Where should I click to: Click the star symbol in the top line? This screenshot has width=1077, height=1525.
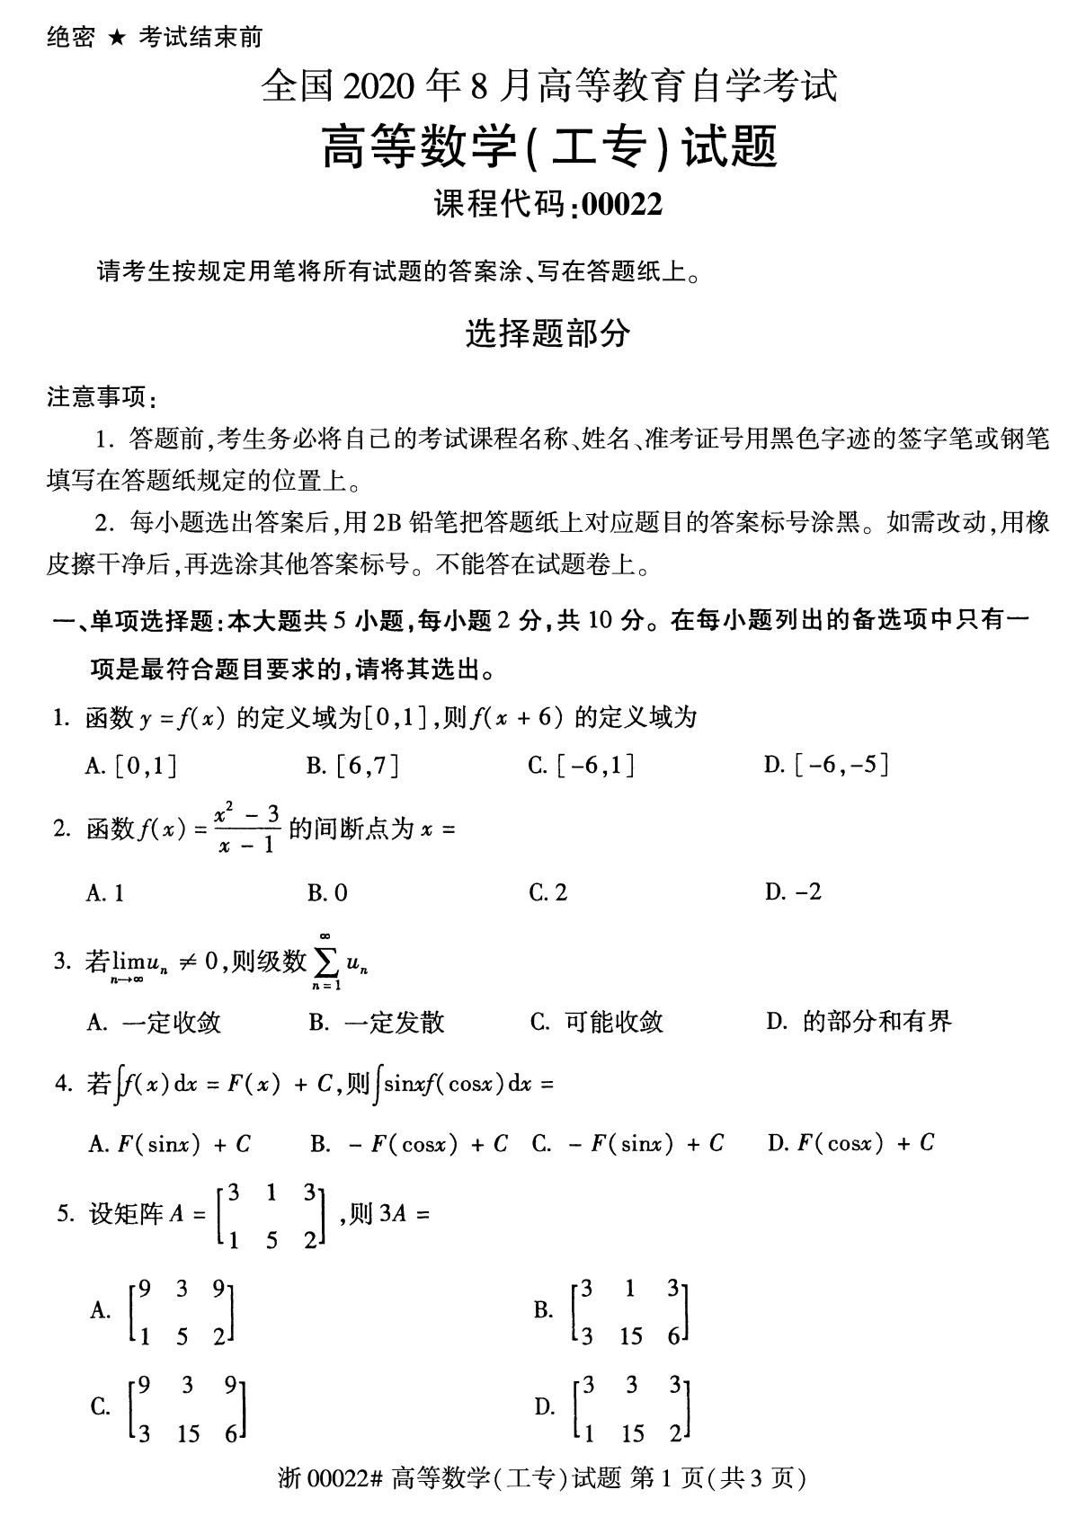[117, 38]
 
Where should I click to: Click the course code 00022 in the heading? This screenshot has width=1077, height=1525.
[622, 205]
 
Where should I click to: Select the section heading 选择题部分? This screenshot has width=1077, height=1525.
[547, 334]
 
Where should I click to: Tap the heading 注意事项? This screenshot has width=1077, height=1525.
[101, 396]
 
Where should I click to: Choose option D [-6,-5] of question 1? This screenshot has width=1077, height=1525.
[826, 765]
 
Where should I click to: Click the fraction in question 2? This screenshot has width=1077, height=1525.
[247, 829]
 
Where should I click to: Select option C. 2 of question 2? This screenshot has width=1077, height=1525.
[548, 892]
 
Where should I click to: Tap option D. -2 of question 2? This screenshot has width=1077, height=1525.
[793, 892]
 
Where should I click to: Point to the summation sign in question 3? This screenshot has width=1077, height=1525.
[325, 963]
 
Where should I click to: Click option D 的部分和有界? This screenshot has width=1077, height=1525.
[859, 1022]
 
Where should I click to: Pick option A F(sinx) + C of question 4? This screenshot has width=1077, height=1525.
[170, 1143]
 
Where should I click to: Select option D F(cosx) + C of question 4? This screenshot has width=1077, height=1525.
[850, 1143]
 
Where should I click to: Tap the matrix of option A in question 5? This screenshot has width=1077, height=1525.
[182, 1312]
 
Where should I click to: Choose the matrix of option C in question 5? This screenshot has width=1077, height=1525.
[188, 1408]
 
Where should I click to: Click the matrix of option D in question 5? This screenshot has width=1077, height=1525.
[632, 1408]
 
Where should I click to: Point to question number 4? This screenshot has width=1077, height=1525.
[62, 1084]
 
